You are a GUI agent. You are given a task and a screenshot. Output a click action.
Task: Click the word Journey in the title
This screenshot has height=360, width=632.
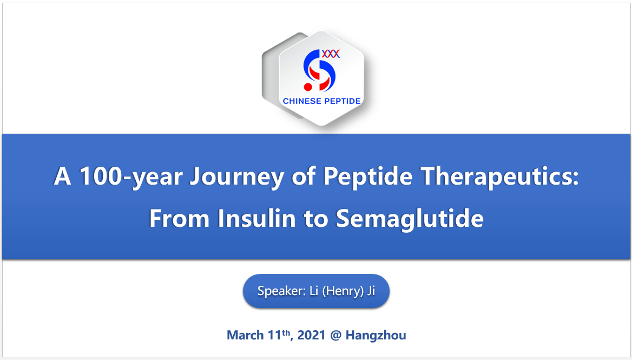(237, 177)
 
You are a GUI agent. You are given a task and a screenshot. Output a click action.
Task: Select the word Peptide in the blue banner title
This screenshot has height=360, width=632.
(368, 176)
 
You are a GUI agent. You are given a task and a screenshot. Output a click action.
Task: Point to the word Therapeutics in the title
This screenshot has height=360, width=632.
(499, 176)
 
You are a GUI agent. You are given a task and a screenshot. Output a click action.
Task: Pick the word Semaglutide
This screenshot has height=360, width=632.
(410, 219)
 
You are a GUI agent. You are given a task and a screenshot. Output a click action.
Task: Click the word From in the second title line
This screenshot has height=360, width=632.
(179, 218)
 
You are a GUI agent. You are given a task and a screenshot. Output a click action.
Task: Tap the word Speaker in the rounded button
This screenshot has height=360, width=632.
(281, 291)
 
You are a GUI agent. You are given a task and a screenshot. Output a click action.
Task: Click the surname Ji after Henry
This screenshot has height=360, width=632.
(371, 291)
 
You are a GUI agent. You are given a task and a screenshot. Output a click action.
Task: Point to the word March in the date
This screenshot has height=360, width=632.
(246, 335)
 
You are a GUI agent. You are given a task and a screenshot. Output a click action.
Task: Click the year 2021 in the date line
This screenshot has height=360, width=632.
(311, 335)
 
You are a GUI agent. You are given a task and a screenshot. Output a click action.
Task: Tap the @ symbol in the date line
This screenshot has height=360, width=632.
(335, 336)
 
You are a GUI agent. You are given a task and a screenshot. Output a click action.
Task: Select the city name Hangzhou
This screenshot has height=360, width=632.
(376, 336)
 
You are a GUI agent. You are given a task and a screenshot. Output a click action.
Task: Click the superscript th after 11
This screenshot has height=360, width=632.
(286, 332)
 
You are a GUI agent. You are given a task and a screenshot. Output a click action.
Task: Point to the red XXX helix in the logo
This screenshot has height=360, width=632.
(331, 54)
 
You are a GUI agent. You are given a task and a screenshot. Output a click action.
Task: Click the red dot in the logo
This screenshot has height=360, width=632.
(308, 87)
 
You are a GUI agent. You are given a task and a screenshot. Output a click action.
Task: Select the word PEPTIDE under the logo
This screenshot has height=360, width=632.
(342, 101)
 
